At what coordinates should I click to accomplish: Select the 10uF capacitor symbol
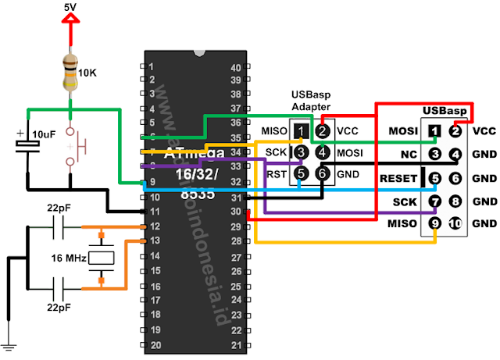click(x=27, y=148)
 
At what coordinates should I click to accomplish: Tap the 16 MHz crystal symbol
click(x=101, y=257)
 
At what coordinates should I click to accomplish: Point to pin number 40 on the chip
click(x=236, y=67)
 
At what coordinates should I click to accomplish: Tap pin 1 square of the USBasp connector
click(x=435, y=130)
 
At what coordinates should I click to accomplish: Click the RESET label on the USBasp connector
click(x=398, y=179)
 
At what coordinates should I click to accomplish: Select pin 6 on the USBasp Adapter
click(x=320, y=175)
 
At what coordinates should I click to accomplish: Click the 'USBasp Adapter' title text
click(x=311, y=100)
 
